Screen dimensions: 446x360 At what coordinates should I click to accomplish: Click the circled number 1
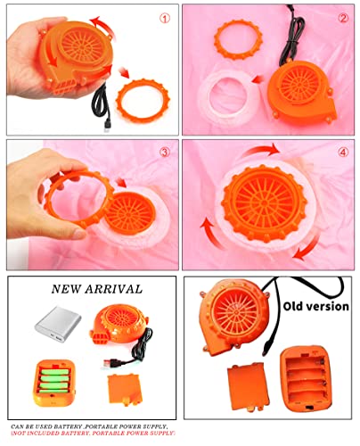(166, 18)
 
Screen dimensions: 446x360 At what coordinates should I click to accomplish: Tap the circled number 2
(342, 18)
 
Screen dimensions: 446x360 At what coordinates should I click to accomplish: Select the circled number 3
(165, 151)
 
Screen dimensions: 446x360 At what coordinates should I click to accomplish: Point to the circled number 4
(342, 151)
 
